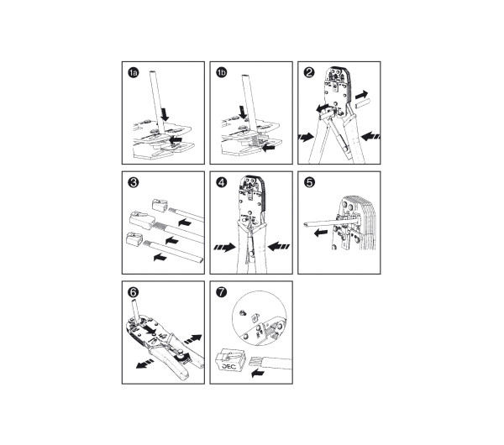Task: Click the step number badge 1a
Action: coord(133,72)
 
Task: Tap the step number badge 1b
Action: coord(221,72)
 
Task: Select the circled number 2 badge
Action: coord(309,72)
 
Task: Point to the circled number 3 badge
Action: coord(133,182)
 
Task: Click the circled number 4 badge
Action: coord(221,182)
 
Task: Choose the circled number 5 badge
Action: coord(309,182)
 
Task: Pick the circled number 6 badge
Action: coord(133,292)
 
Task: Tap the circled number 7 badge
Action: coord(221,292)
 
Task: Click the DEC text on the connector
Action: coord(228,366)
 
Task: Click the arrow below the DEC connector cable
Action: coord(258,373)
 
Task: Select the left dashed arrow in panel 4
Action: coord(224,247)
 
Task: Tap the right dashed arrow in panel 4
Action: coord(278,247)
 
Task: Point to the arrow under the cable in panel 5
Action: coord(321,233)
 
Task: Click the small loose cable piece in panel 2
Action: coord(363,104)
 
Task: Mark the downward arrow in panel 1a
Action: coord(165,114)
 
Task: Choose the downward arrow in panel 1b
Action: coord(243,113)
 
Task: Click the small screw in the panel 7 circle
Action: coord(243,311)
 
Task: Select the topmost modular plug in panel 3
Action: coord(160,206)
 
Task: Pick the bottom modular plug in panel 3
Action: coord(134,240)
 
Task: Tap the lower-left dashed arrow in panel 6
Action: coord(144,364)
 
